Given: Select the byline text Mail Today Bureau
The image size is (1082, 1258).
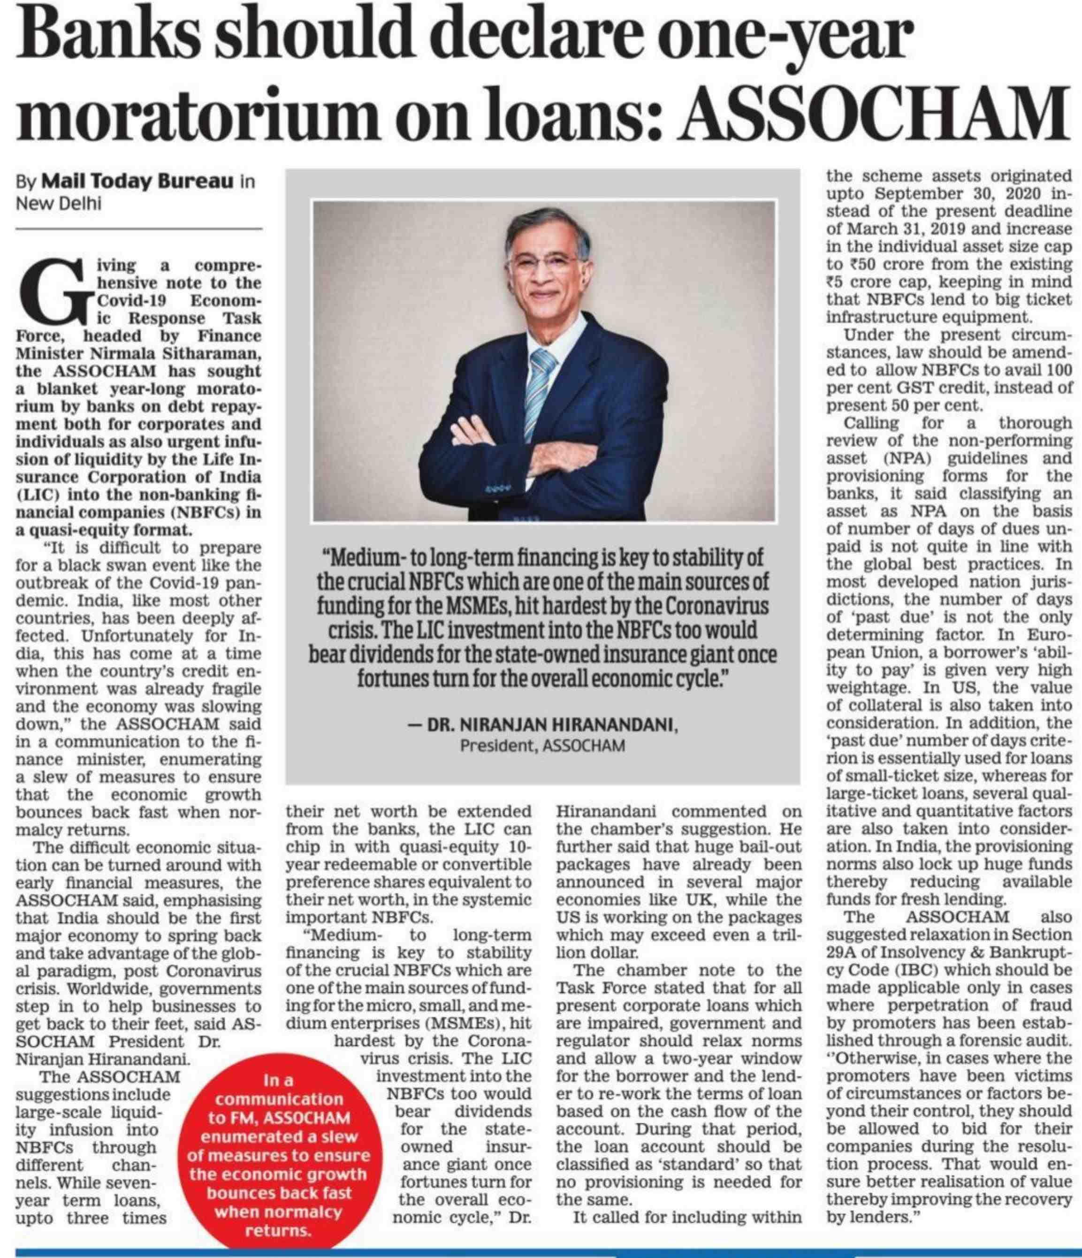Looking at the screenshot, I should click(x=137, y=182).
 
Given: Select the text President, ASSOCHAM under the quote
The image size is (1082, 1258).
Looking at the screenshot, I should click(x=542, y=745).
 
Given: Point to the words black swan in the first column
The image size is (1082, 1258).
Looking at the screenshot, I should click(x=105, y=566).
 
